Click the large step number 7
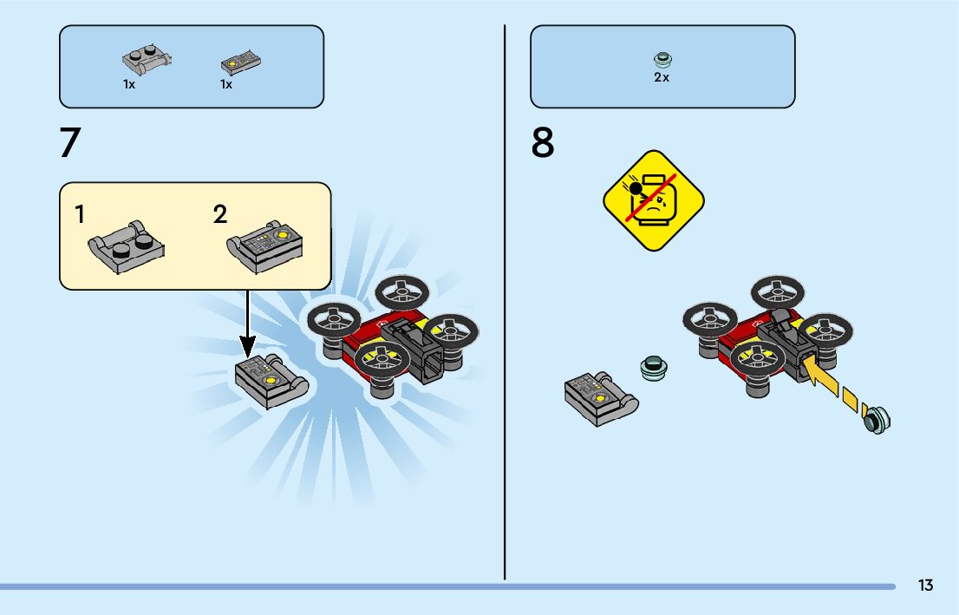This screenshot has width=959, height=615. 69,143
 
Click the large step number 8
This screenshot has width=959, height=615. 543,143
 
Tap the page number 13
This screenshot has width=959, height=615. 926,586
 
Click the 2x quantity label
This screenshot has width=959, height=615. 662,77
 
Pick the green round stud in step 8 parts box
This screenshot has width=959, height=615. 662,60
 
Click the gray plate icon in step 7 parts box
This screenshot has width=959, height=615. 146,61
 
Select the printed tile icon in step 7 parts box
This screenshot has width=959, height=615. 241,62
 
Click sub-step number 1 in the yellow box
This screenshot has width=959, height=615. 80,214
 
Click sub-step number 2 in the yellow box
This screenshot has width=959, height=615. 220,214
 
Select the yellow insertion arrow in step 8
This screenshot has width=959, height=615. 824,382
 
